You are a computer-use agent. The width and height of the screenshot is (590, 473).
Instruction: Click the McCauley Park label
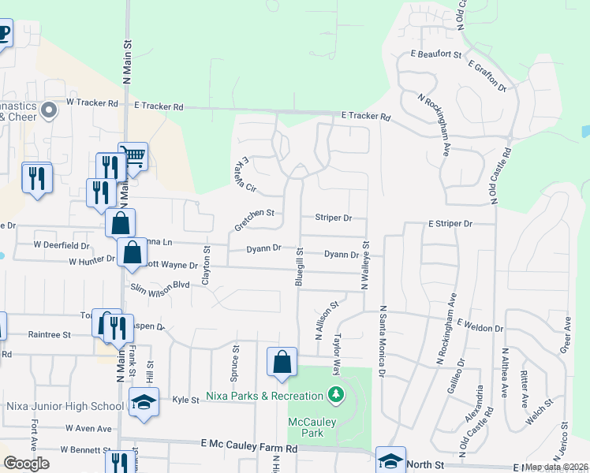click(312, 427)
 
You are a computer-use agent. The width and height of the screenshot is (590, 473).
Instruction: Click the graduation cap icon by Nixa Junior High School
click(144, 402)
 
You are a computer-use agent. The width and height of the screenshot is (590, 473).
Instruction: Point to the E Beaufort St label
click(436, 54)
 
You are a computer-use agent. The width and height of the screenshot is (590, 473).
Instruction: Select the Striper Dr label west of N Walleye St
click(333, 218)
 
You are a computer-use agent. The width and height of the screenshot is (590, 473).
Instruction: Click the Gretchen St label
click(253, 220)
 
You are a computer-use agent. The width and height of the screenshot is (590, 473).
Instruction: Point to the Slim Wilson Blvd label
click(161, 285)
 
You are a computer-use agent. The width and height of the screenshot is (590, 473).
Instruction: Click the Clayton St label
click(207, 266)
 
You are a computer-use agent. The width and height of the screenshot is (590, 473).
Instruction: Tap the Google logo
click(26, 464)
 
